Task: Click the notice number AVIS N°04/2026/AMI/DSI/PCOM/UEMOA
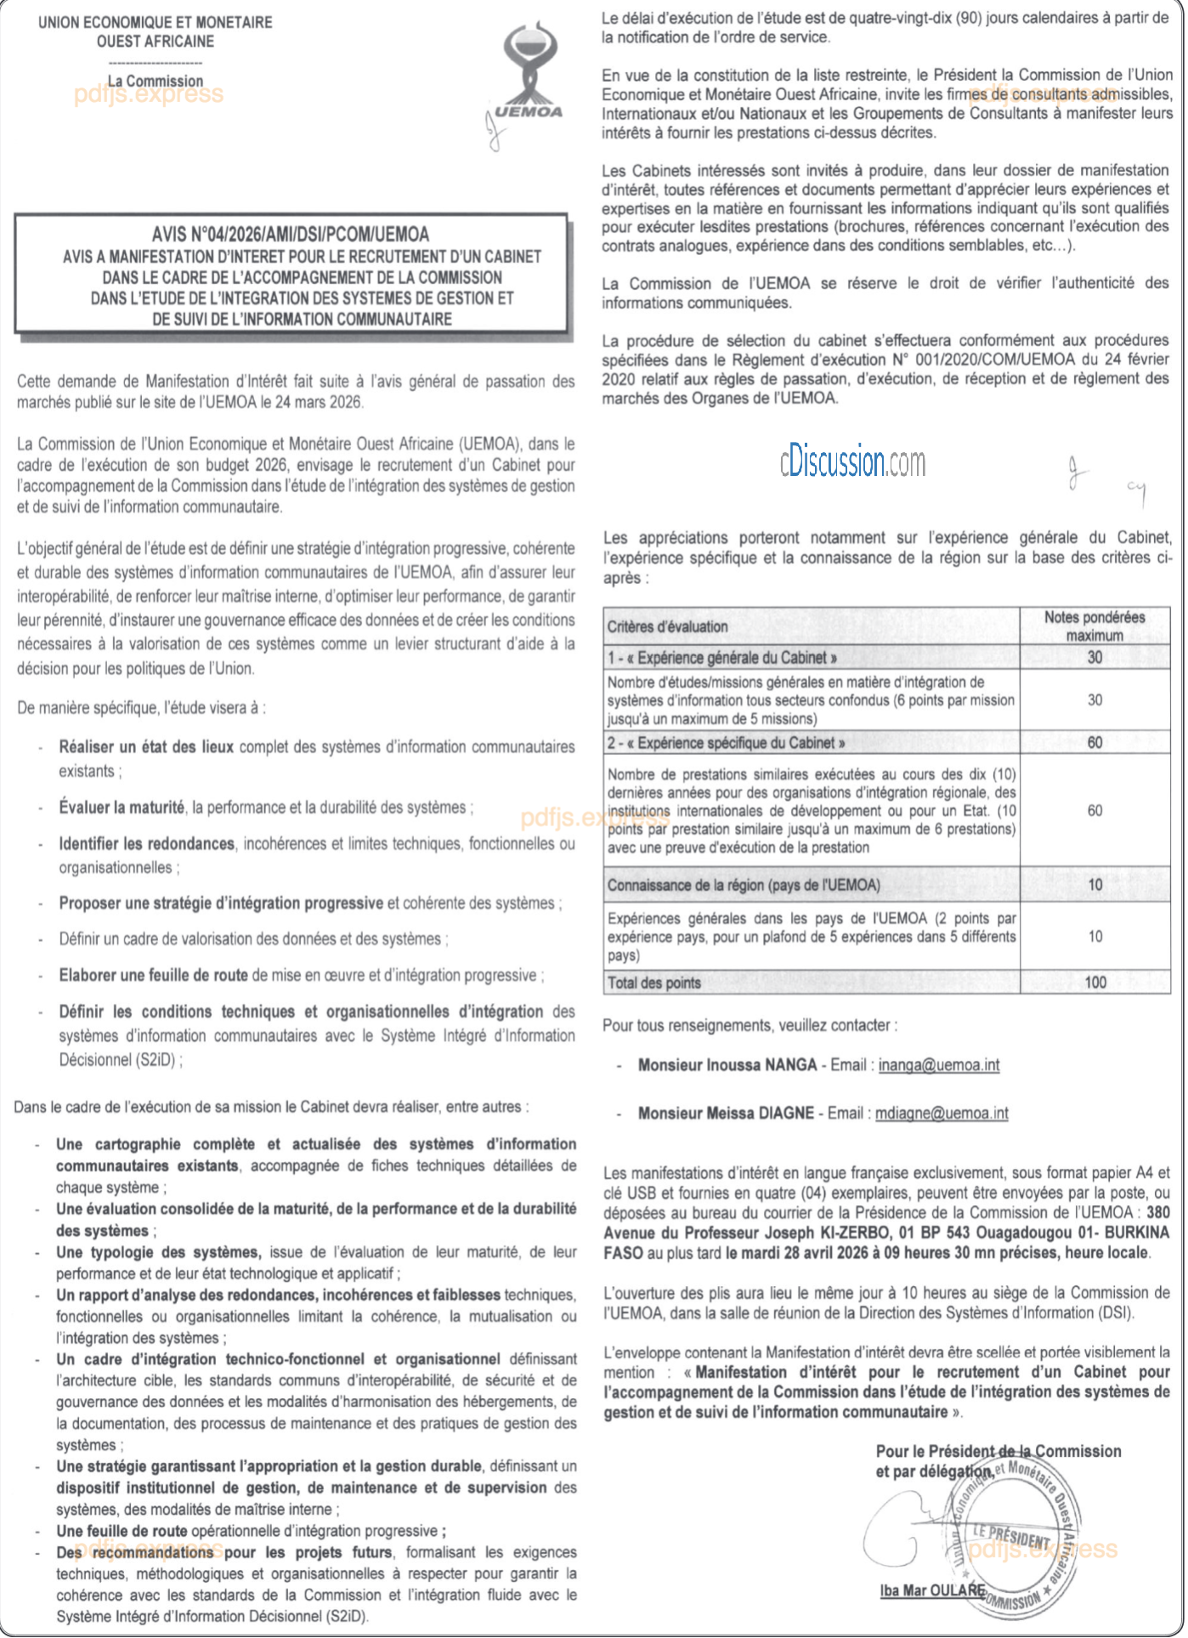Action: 291,235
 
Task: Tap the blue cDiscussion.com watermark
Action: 852,462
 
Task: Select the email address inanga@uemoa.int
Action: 939,1065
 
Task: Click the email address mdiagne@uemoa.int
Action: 942,1114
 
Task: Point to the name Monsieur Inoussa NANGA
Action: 727,1065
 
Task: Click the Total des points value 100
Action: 1095,983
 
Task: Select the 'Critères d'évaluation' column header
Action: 668,627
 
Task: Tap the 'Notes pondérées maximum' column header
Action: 1095,626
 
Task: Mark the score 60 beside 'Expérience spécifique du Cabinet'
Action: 1095,743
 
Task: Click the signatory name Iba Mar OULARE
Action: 932,1590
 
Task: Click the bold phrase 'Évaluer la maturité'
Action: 122,808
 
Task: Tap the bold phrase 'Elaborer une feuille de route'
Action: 153,976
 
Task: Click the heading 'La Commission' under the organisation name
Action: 156,82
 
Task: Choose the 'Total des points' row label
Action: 654,983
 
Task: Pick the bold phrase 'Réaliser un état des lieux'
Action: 146,747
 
